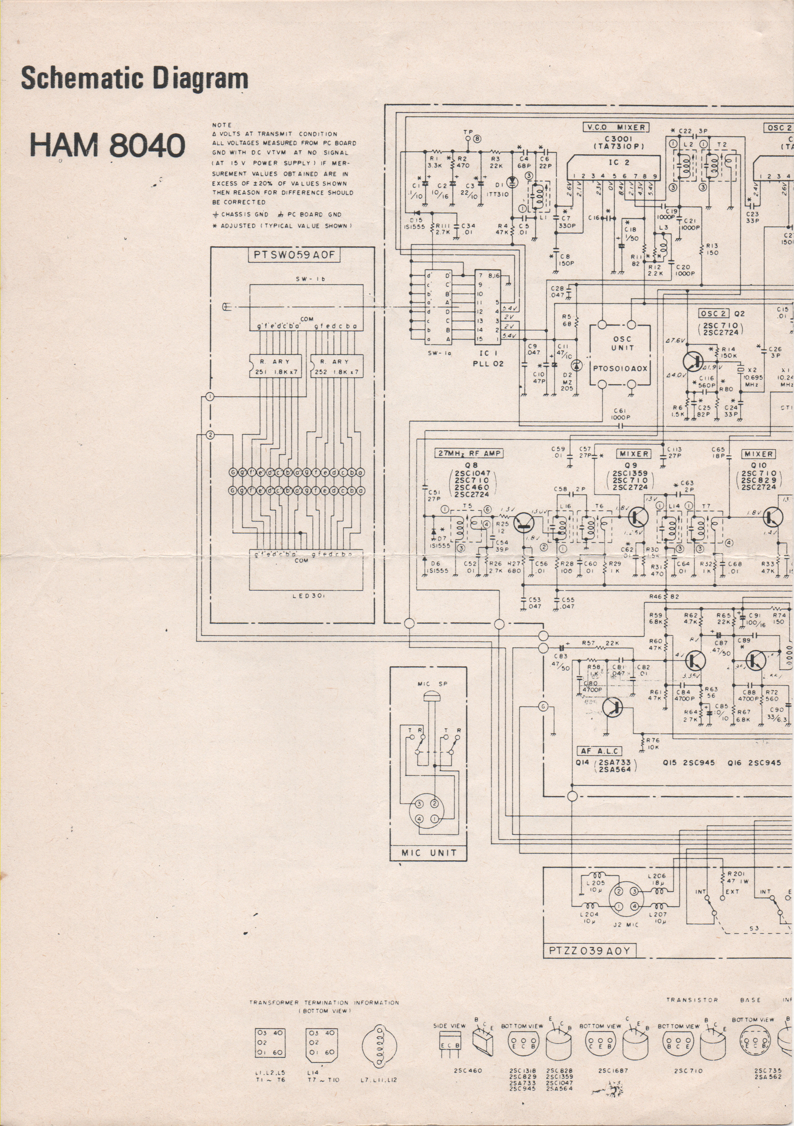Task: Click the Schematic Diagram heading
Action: click(134, 79)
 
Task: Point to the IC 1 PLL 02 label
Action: click(488, 359)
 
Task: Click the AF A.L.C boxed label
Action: click(599, 751)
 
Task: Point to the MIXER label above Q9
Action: click(634, 454)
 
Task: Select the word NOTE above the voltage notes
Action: click(222, 125)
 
